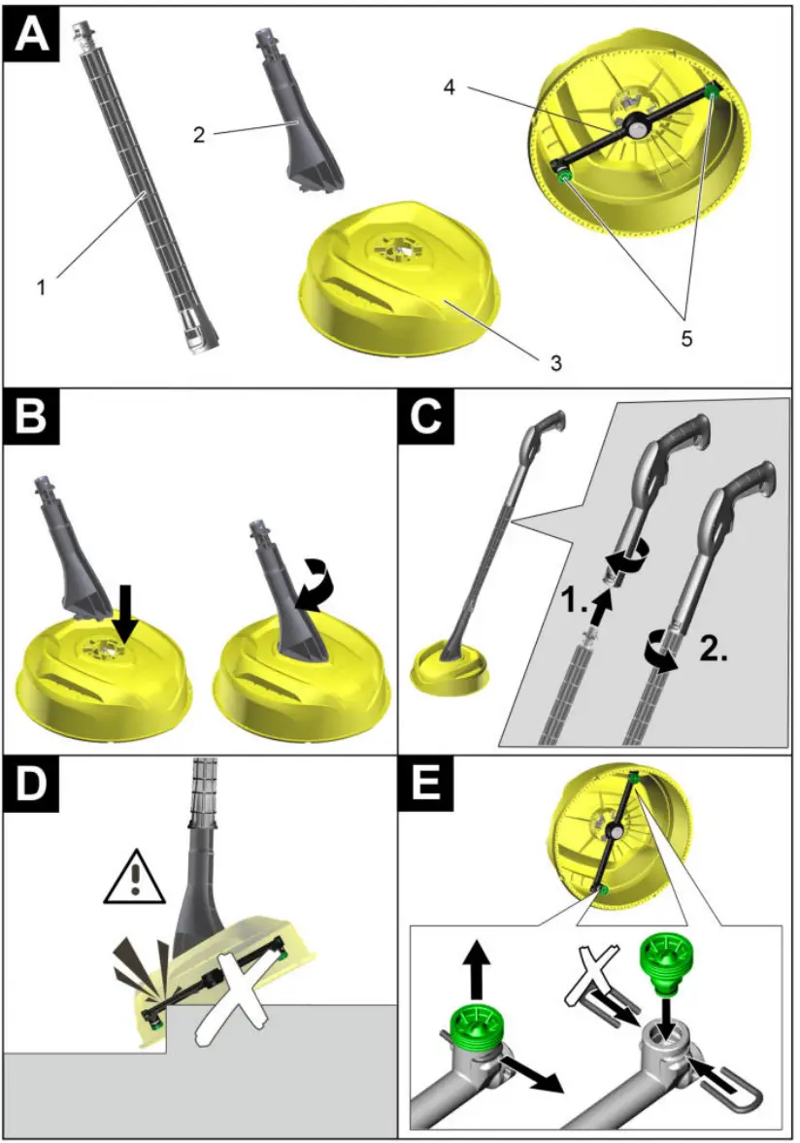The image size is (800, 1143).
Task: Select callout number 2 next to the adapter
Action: click(198, 135)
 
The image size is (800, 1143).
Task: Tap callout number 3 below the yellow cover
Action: click(554, 364)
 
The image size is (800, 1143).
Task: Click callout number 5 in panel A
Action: click(687, 340)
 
